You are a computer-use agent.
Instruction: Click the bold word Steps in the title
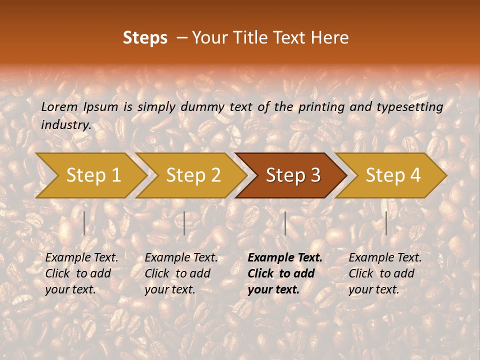point(145,38)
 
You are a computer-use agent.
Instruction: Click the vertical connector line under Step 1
point(84,223)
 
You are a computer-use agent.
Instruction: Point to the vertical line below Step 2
point(184,223)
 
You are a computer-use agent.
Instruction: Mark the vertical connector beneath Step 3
point(285,223)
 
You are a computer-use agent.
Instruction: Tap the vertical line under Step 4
point(386,223)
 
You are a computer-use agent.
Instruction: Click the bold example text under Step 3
point(284,273)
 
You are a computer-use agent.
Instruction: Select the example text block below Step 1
point(81,273)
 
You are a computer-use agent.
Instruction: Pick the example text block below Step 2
point(181,273)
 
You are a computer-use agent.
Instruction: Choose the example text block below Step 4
point(385,273)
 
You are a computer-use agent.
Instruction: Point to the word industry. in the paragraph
point(66,125)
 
